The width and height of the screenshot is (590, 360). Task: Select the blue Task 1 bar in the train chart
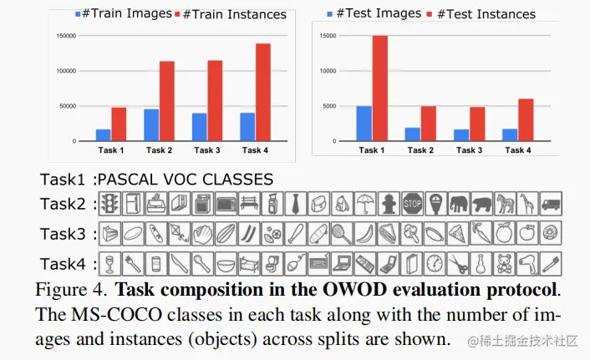coord(104,135)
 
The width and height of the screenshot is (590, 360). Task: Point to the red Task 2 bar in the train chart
coord(166,101)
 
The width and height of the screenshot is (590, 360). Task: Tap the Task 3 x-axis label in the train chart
coord(206,150)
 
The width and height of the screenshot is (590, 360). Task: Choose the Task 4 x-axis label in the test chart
coord(517,150)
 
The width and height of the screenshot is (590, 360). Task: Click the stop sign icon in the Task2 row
coord(412,203)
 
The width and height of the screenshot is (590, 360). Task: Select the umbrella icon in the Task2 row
coord(365,203)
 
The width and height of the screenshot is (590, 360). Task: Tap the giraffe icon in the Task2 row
coord(527,203)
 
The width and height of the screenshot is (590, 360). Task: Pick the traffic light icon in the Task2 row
coord(109,203)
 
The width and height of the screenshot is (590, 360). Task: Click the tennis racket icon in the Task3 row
coord(340,234)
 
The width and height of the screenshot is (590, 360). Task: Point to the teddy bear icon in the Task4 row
coord(504,265)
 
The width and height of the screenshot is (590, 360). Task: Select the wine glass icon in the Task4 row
coord(109,265)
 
